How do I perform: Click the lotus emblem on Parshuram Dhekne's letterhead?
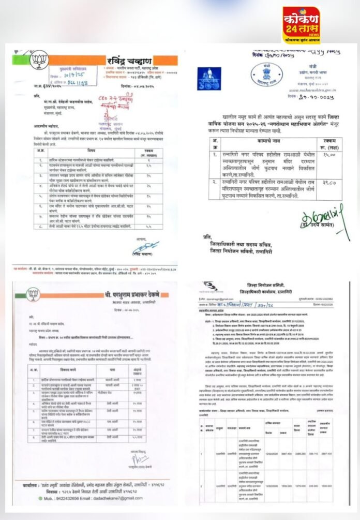tap(33, 295)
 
